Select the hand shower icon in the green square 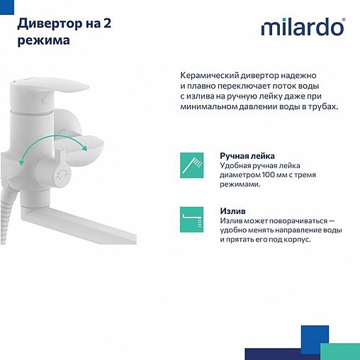click(190, 165)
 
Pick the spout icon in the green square click(190, 219)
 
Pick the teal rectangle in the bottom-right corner click(339, 351)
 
